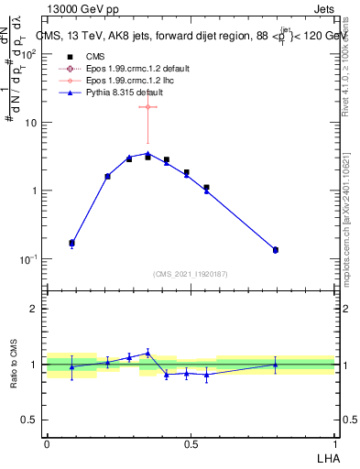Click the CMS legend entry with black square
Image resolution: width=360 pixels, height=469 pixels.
point(96,58)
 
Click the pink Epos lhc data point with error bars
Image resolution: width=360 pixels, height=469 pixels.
point(147,107)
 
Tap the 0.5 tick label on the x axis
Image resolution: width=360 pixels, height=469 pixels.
point(191,444)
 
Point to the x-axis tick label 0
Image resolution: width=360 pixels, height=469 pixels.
point(47,444)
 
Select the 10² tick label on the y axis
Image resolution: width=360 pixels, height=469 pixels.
point(30,54)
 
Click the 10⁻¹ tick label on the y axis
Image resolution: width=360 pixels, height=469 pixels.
point(30,259)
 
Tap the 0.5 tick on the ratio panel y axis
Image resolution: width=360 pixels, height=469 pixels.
point(32,420)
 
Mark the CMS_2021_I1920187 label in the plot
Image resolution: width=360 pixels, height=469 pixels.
point(191,274)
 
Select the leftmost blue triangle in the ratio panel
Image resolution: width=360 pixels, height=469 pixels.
point(72,366)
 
